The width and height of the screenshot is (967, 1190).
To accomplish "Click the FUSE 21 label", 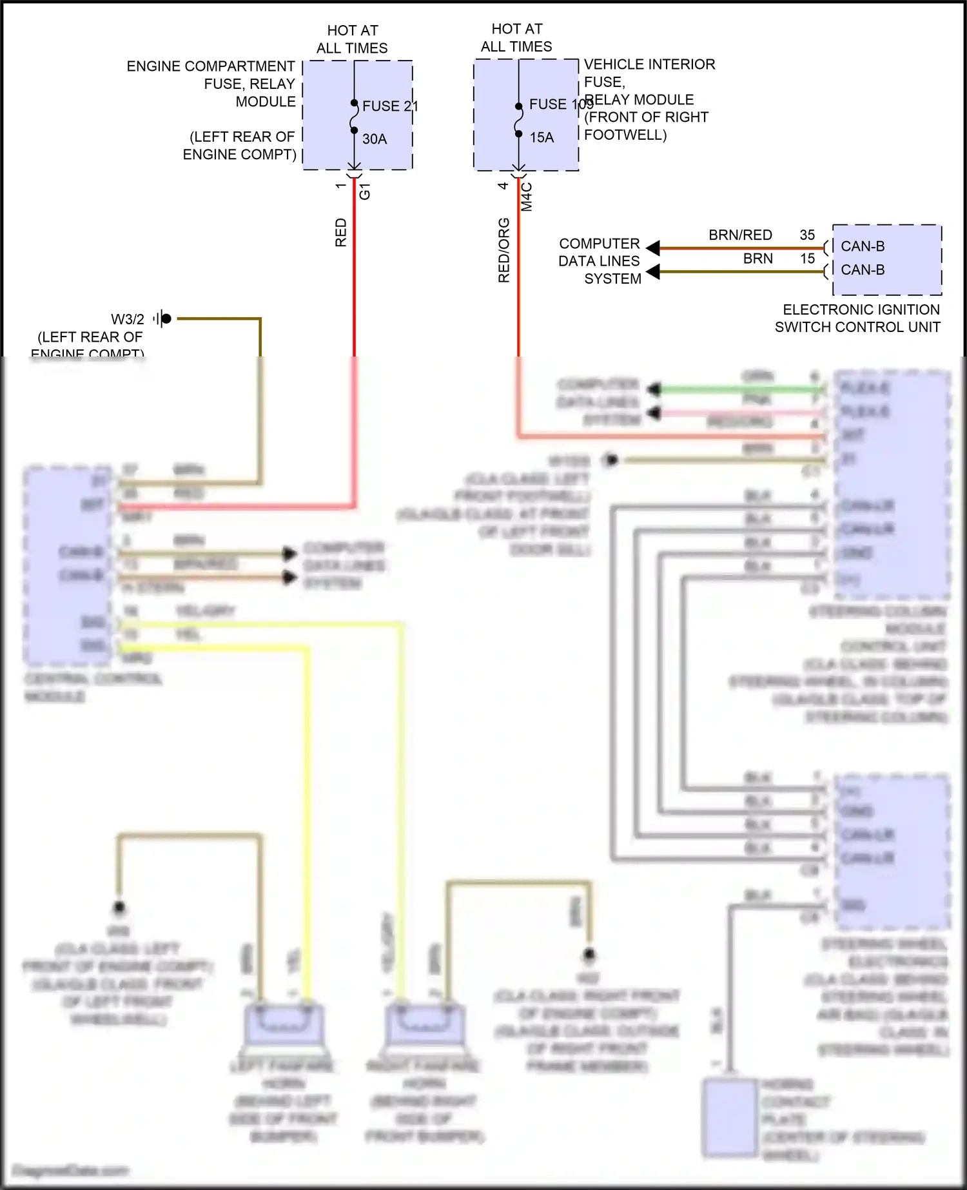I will tap(389, 106).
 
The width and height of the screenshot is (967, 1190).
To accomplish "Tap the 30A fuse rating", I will tap(375, 139).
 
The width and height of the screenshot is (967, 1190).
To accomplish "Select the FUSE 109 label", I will tap(560, 104).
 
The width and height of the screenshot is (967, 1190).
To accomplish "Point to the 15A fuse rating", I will tap(542, 137).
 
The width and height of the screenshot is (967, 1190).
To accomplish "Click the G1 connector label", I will tap(365, 191).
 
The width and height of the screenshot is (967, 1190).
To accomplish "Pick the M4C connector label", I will tap(527, 197).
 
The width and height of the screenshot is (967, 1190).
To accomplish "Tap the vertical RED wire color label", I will tap(341, 232).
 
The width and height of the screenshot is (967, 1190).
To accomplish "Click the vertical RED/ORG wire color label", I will tap(504, 250).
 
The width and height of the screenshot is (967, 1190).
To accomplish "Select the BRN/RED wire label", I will tap(740, 235).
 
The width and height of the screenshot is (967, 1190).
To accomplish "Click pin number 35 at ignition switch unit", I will tap(807, 235).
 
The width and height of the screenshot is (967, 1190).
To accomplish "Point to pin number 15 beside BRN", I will tap(807, 258).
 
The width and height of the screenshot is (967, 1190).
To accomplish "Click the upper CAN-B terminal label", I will tap(863, 246).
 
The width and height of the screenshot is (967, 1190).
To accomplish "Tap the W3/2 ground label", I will tap(128, 319).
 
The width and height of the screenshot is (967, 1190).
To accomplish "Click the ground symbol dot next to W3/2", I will tap(166, 318).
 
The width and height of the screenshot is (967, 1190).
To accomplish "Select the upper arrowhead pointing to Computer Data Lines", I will tap(653, 248).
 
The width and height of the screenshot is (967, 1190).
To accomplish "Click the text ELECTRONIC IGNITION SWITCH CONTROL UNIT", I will tap(857, 318).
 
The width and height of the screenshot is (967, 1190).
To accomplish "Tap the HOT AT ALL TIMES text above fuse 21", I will tap(352, 39).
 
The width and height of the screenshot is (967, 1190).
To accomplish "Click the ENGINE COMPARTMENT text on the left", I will tap(211, 66).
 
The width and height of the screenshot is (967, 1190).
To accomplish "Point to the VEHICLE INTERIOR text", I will tap(649, 64).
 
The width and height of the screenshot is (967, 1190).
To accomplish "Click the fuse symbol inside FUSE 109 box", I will tap(519, 121).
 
